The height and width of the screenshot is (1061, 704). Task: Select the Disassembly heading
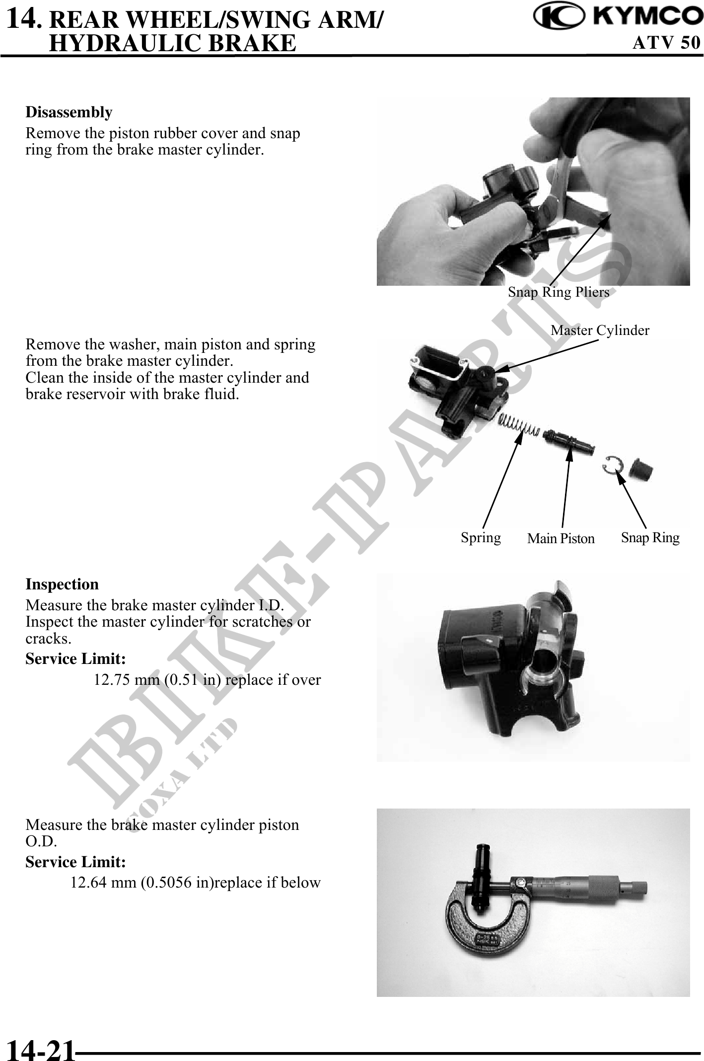(x=69, y=112)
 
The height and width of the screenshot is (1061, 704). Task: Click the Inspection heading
(x=62, y=584)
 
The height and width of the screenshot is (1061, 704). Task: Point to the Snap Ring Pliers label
(x=559, y=292)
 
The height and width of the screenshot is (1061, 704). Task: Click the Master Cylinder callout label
(x=600, y=330)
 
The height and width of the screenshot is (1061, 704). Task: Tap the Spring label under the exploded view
(x=481, y=538)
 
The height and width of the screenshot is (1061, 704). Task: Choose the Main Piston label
(x=561, y=539)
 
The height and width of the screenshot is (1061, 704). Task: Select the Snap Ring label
(x=650, y=537)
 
